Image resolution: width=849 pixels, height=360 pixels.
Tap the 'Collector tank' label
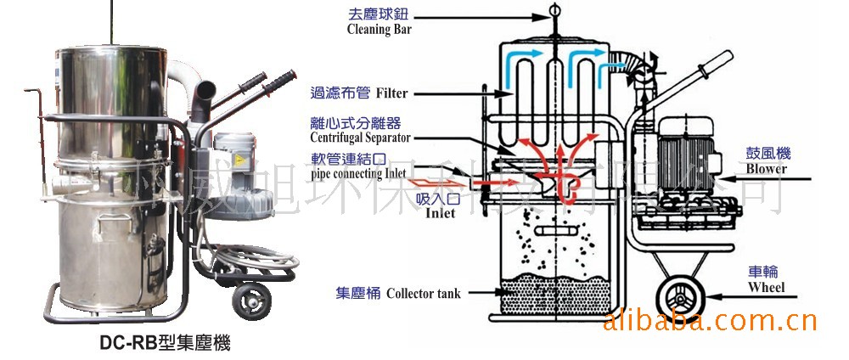click(x=423, y=294)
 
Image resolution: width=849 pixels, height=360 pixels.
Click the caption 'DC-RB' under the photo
click(x=127, y=344)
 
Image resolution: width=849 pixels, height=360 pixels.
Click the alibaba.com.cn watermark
click(x=709, y=321)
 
